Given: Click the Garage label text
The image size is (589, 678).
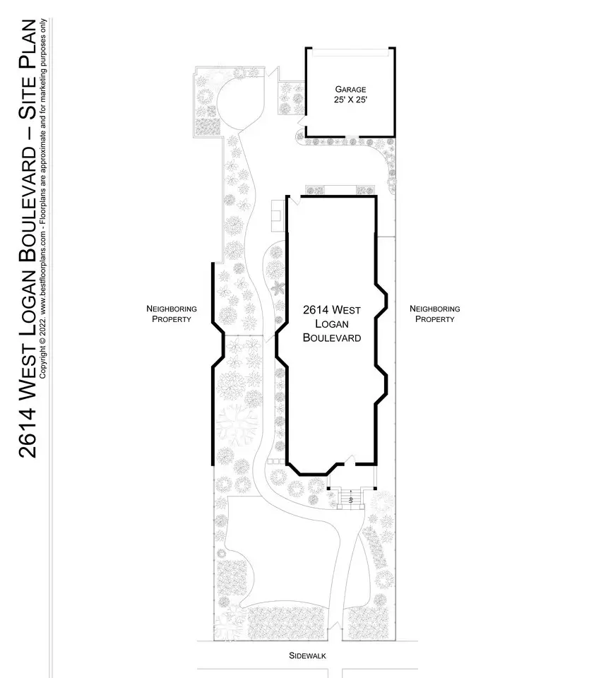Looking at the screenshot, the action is click(350, 90).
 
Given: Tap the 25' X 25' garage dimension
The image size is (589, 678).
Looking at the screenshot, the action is click(350, 100).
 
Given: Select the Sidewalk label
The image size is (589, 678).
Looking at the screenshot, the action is click(307, 656).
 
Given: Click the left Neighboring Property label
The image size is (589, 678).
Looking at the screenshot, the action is click(171, 314).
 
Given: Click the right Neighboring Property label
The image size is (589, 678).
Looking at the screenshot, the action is click(434, 314).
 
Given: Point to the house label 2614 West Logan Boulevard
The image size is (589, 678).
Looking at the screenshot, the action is click(332, 324).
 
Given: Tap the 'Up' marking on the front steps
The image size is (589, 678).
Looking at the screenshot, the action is click(351, 500).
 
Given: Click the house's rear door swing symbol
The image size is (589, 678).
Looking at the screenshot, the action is click(294, 201).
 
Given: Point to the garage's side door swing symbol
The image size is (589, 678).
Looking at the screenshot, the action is click(302, 121).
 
